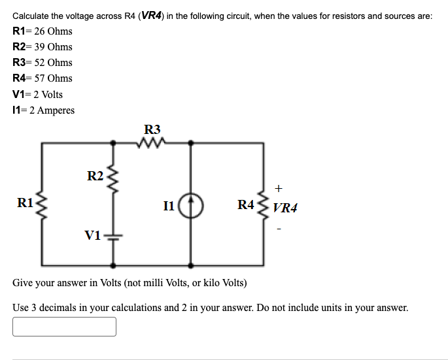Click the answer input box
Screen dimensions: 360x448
[64, 327]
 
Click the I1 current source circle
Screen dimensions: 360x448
[191, 207]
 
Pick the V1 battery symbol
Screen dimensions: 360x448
[114, 236]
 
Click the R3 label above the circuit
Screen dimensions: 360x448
[152, 129]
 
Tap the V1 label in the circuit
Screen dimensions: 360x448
[93, 235]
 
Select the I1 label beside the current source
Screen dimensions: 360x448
[168, 207]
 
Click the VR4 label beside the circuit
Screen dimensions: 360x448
[285, 208]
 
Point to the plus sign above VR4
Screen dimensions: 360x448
[279, 189]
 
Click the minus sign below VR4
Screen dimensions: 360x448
[279, 229]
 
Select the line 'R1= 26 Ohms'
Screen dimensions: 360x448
[43, 31]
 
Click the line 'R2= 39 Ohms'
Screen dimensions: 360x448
[43, 46]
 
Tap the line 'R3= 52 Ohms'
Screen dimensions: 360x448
[43, 62]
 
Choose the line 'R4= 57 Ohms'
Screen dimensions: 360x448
[43, 78]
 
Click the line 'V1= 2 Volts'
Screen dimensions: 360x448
[38, 94]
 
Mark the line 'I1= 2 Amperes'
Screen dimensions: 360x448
[44, 110]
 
